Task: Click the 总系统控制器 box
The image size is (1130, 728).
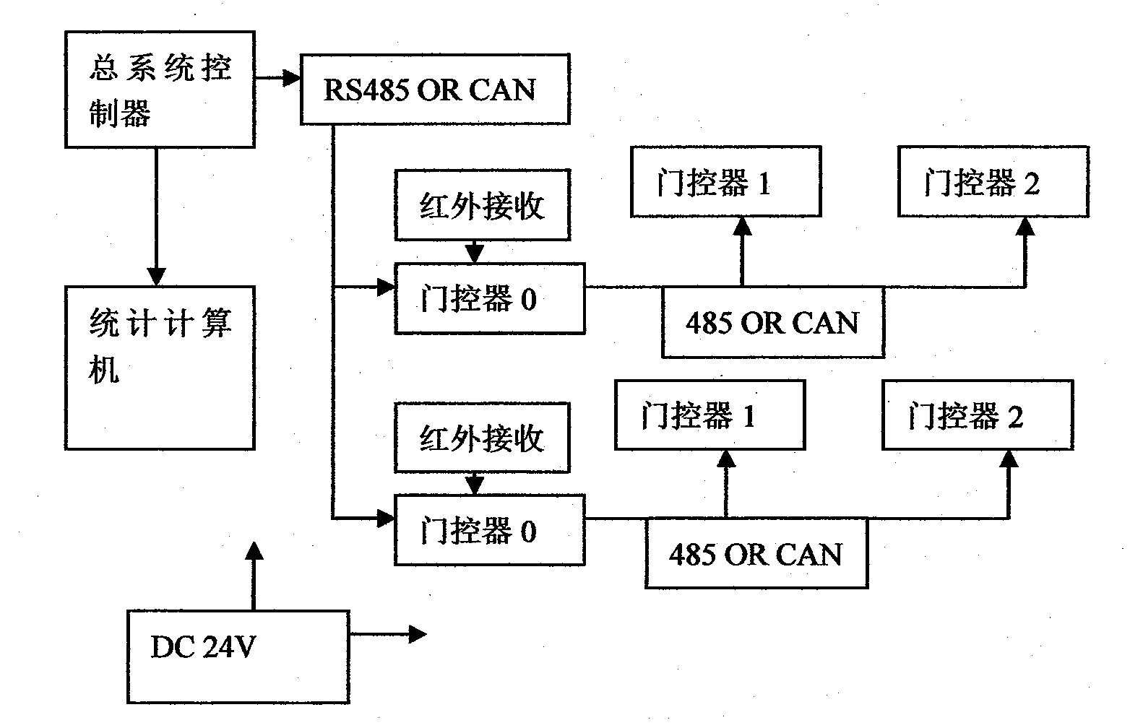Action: (x=160, y=90)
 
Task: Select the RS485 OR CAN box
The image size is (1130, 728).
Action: (x=434, y=89)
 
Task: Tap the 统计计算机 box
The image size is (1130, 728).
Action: (x=160, y=368)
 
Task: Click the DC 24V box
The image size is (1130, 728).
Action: (x=238, y=656)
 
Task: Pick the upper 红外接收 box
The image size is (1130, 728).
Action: (x=482, y=205)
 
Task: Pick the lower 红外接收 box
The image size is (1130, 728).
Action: (x=482, y=438)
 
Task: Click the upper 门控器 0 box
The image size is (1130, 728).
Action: (x=489, y=299)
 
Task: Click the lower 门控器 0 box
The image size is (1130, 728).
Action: (x=489, y=531)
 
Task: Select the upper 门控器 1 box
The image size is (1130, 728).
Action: (x=725, y=182)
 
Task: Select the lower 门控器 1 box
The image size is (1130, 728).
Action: (x=710, y=415)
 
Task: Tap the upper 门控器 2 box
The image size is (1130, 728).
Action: (x=993, y=182)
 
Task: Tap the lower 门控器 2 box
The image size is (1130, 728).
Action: (x=977, y=415)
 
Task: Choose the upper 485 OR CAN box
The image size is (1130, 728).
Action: (x=772, y=322)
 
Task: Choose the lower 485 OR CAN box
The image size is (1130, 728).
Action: (x=756, y=554)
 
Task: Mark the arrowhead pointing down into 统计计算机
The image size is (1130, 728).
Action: (x=156, y=277)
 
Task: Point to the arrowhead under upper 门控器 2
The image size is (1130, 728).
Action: (x=1025, y=226)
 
